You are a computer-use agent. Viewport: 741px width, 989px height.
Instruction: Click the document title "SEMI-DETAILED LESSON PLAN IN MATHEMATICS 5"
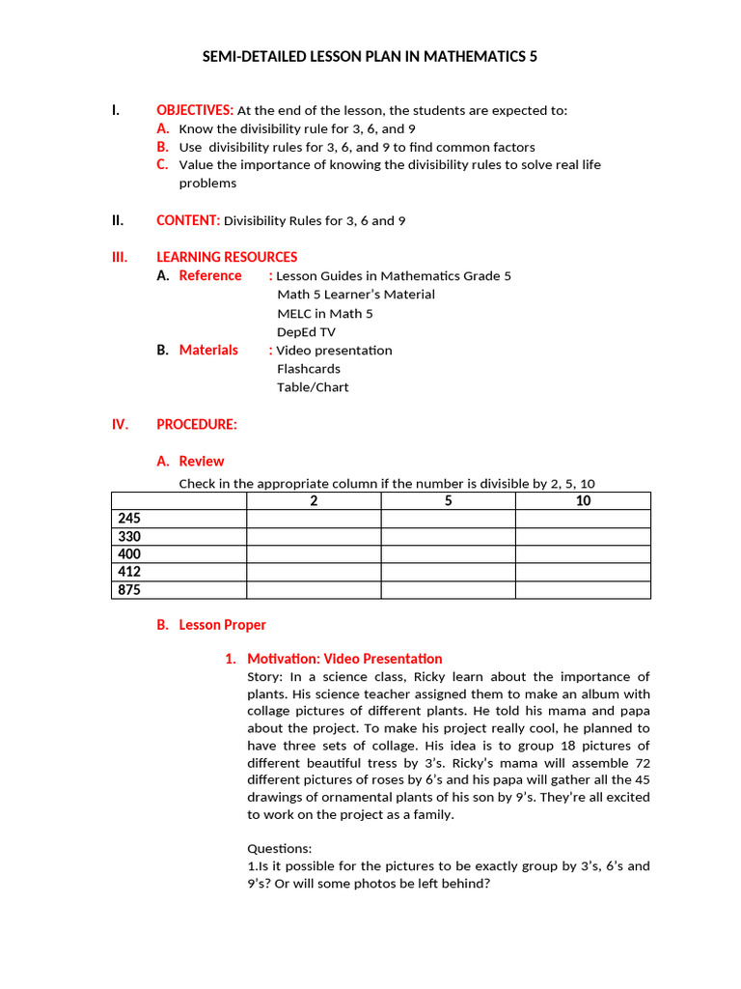[370, 57]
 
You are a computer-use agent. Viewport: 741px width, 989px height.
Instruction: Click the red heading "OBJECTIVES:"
[195, 110]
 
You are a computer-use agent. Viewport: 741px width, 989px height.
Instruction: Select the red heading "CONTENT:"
[188, 220]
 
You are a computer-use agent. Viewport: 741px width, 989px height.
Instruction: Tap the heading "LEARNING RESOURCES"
[227, 257]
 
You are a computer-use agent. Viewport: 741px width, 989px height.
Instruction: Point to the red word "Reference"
[210, 275]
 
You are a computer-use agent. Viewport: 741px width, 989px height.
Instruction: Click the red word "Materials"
[208, 350]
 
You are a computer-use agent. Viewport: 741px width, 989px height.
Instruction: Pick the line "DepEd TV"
[306, 331]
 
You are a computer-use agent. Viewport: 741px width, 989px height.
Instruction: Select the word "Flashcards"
[308, 368]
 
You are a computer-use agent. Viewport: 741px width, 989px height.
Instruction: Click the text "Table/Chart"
[313, 386]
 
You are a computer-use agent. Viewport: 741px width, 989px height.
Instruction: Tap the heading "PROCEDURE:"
[197, 424]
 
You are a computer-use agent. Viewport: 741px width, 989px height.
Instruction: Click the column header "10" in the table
[583, 500]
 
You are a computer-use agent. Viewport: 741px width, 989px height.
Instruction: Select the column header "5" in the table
[449, 500]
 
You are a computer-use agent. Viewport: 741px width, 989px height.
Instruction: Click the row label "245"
[129, 519]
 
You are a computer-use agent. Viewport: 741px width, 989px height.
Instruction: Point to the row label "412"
[129, 572]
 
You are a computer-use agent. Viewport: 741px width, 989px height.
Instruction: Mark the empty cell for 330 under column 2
[314, 536]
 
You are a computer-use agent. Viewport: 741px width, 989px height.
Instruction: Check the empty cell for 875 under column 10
[583, 589]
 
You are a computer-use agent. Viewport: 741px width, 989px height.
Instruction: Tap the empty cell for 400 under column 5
[449, 554]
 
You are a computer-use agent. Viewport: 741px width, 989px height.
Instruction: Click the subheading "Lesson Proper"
[222, 625]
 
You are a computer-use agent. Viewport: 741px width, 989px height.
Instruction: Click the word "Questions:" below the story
[279, 848]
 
